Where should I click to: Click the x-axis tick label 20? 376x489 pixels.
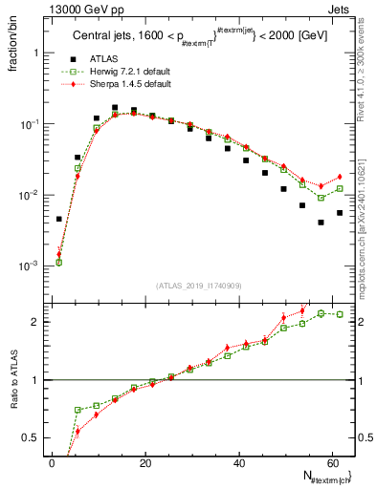tap(144, 464)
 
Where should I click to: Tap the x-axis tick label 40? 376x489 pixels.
tap(238, 464)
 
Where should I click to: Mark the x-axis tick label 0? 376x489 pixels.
tap(52, 464)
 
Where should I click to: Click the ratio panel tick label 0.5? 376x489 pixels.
tap(33, 437)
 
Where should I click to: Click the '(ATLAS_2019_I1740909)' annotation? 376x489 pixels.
tap(198, 285)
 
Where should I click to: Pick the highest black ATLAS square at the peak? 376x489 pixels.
tap(115, 108)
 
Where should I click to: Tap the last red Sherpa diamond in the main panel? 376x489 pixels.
tap(340, 177)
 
